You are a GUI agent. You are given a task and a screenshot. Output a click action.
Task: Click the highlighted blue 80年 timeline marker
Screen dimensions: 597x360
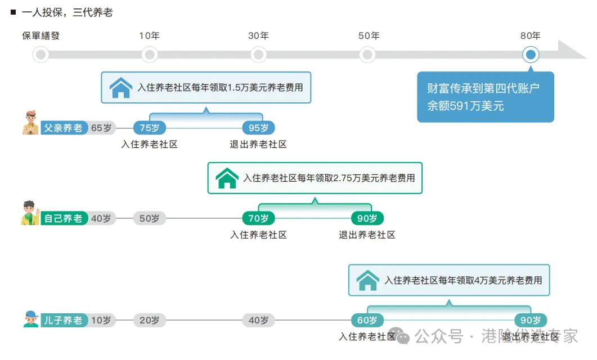(531, 55)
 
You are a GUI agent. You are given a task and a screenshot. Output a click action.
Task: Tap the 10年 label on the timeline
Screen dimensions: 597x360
(149, 36)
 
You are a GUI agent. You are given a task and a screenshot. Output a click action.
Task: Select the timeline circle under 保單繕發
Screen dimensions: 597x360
(41, 55)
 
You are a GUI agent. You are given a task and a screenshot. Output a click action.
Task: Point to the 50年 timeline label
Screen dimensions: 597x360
(369, 36)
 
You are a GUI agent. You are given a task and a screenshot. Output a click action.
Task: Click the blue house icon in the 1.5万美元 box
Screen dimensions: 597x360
(121, 88)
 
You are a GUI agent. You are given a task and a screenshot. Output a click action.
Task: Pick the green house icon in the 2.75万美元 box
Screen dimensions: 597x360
(227, 178)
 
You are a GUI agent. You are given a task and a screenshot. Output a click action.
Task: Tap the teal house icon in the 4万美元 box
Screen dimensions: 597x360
(368, 280)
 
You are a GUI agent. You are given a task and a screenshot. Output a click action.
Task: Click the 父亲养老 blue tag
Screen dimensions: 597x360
(63, 128)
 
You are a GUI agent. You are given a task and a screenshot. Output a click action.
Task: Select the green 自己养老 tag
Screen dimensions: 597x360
(63, 218)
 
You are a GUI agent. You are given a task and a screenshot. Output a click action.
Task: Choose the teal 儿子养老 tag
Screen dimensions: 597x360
(63, 321)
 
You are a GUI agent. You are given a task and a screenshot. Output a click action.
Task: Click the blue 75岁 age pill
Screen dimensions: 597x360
(150, 128)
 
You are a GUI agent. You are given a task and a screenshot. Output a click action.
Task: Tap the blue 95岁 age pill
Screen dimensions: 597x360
(258, 128)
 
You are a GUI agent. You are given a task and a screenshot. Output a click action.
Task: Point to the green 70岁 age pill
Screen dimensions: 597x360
(258, 218)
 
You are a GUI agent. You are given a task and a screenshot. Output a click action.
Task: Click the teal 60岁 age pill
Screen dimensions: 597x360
(367, 321)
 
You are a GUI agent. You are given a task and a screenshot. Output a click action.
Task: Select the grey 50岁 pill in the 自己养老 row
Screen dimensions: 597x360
(150, 218)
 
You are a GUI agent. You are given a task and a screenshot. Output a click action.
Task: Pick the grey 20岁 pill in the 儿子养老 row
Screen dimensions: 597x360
(150, 321)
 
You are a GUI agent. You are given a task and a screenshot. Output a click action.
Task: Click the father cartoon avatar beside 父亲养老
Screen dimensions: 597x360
(30, 123)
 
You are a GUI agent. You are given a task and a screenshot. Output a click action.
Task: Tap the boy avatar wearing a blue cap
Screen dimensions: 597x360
(31, 319)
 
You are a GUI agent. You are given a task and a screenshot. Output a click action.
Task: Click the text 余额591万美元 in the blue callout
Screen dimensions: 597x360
(465, 106)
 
